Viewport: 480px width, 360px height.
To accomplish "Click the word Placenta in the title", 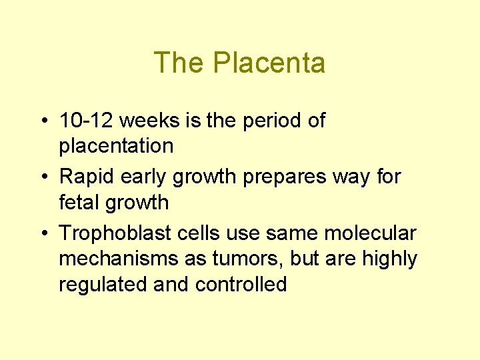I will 269,63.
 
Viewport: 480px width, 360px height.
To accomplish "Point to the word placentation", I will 116,145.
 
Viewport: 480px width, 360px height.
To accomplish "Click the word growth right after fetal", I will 139,201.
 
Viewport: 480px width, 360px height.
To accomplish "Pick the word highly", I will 389,258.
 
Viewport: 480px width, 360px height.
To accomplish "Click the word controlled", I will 241,284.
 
